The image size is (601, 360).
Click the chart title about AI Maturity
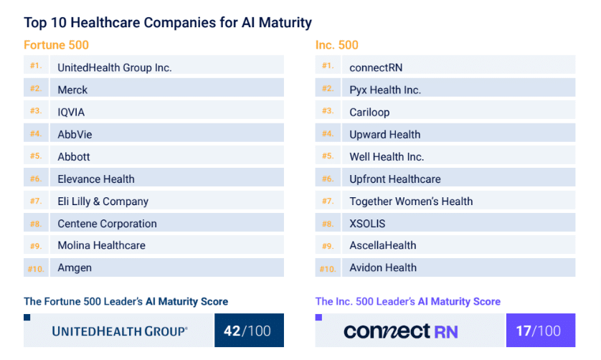coord(168,22)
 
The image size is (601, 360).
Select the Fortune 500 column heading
coord(57,45)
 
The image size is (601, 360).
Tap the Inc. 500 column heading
coord(336,45)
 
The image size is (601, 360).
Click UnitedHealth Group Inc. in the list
coord(115,67)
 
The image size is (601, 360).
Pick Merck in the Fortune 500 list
coord(73,90)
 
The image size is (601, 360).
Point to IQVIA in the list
coord(72,112)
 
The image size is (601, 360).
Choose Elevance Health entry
coord(96,179)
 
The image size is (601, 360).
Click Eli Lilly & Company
coord(103,201)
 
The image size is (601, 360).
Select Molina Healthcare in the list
coord(101,245)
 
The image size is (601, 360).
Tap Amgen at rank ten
coord(75,267)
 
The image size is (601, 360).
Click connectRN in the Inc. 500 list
coord(376,67)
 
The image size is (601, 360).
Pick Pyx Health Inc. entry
coord(385,90)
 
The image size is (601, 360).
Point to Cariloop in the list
coord(371,112)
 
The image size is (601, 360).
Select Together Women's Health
coord(411,201)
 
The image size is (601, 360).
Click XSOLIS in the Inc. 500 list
coord(367,223)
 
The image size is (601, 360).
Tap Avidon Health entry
coord(382,267)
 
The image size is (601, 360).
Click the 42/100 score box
coord(248,331)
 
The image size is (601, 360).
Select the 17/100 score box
coord(539,331)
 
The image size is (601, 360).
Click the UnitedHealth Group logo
coord(120,331)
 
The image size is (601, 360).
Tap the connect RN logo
coord(400,331)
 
